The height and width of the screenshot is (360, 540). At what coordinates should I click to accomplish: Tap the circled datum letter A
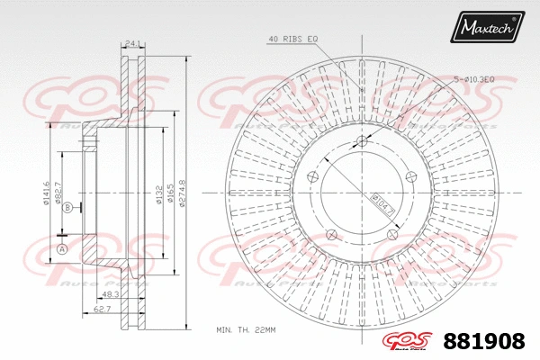click(x=62, y=248)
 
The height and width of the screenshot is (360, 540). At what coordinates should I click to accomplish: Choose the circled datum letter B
click(x=67, y=208)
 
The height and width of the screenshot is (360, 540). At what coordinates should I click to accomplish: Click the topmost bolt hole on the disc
click(x=362, y=140)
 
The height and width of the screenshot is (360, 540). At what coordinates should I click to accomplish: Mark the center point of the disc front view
click(x=362, y=193)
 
